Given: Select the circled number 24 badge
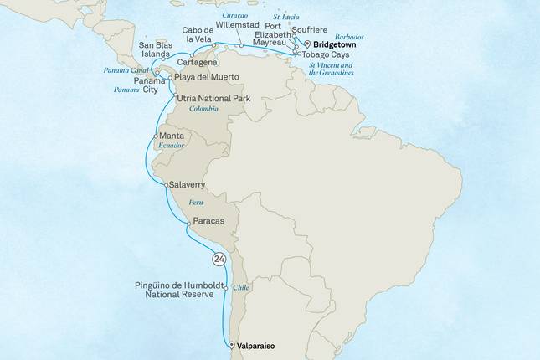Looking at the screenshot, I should click(219, 259).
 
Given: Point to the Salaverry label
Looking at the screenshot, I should click(191, 183).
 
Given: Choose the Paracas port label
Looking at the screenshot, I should click(207, 222).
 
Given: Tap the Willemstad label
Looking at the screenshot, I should click(239, 26).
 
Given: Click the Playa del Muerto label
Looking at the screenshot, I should click(206, 77).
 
